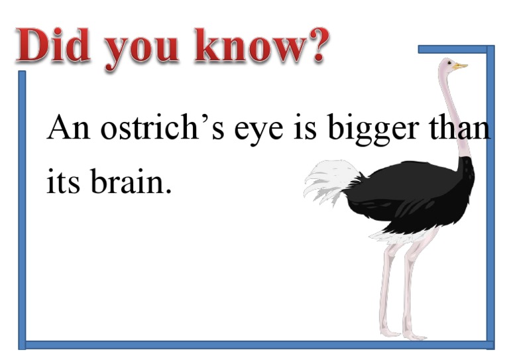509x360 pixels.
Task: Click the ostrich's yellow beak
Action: (461, 66)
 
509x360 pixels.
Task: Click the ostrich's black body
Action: (411, 192)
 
